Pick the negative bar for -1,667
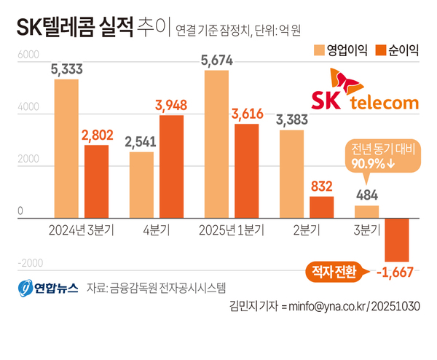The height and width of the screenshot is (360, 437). click(x=396, y=239)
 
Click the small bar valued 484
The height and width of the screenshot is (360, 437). click(x=366, y=211)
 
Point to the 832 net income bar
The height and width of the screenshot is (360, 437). click(x=322, y=207)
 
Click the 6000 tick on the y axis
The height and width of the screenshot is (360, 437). click(x=27, y=55)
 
